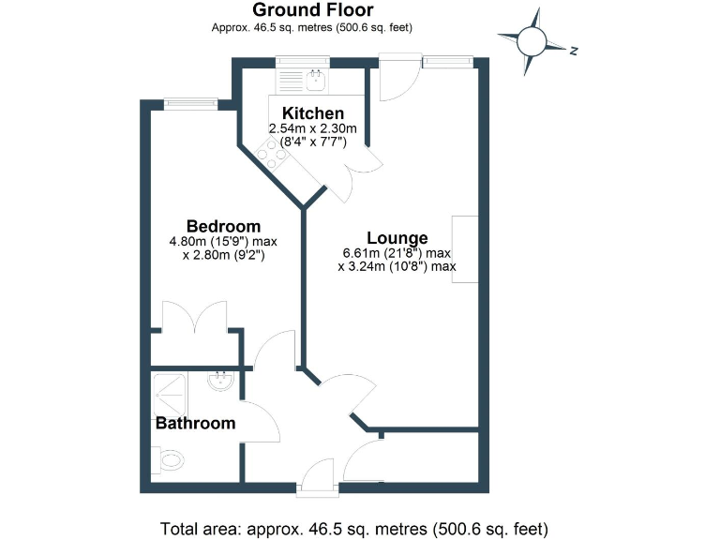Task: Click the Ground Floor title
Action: click(x=313, y=10)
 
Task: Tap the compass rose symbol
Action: click(x=532, y=40)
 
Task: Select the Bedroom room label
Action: click(x=223, y=226)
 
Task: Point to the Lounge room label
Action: click(x=397, y=238)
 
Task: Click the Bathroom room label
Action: click(x=195, y=424)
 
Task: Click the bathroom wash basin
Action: click(x=222, y=381)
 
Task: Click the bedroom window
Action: click(x=191, y=102)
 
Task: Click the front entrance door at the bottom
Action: click(x=317, y=474)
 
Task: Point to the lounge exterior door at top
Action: click(x=393, y=82)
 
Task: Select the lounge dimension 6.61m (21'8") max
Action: click(x=397, y=253)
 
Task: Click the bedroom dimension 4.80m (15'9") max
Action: click(x=223, y=241)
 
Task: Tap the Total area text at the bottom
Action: click(x=353, y=527)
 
